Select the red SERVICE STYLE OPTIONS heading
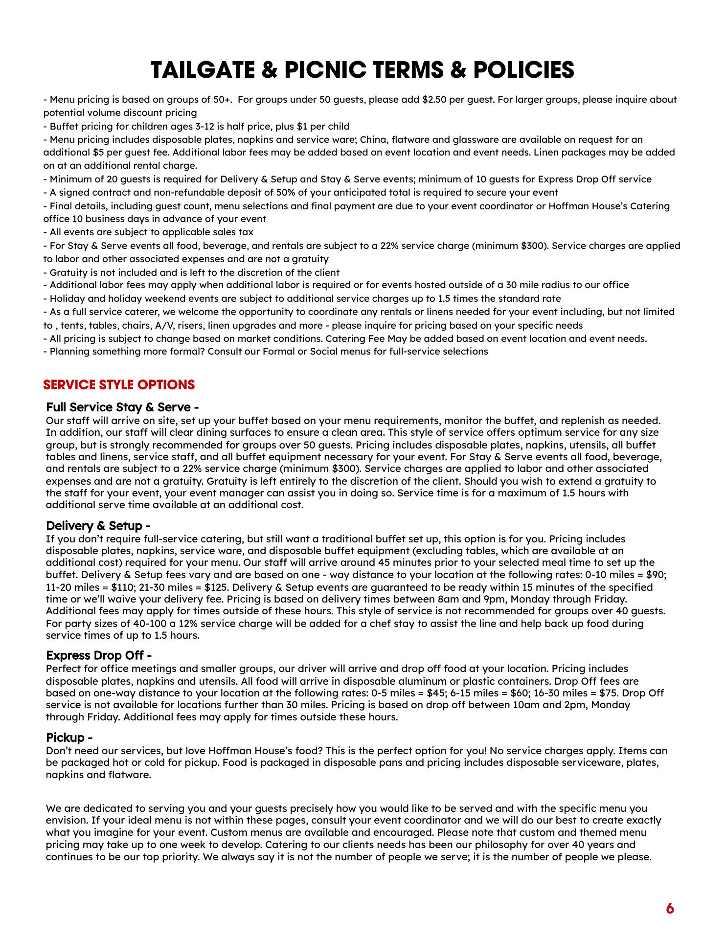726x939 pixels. pyautogui.click(x=119, y=385)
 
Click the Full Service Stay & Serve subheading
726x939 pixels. pyautogui.click(x=122, y=407)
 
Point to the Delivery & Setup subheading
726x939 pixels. pyautogui.click(x=98, y=526)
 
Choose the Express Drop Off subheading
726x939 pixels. pyautogui.click(x=98, y=655)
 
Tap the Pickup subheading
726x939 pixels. pyautogui.click(x=69, y=737)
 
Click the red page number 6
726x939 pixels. pyautogui.click(x=670, y=909)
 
